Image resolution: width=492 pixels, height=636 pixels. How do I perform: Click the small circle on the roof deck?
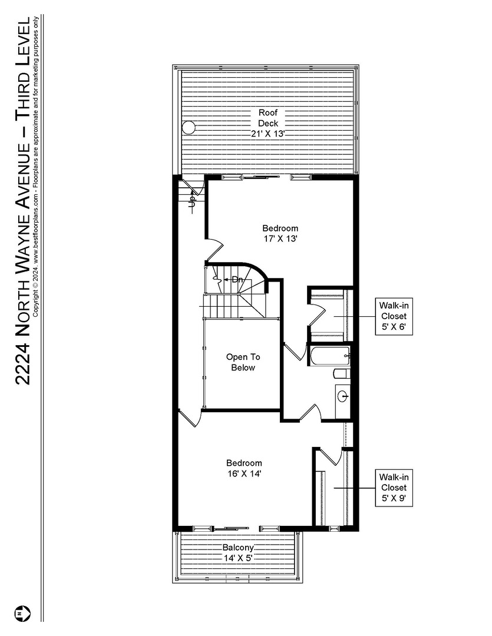click(x=188, y=128)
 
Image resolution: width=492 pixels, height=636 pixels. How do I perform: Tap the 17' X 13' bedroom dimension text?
click(x=280, y=239)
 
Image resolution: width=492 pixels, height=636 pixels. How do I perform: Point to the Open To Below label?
click(x=243, y=362)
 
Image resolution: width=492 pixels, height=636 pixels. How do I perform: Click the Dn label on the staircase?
click(x=237, y=279)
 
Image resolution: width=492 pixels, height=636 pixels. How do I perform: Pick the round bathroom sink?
click(x=344, y=396)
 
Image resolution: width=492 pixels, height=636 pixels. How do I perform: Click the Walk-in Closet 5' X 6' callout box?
click(x=393, y=316)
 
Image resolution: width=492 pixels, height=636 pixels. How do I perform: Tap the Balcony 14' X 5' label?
click(x=237, y=552)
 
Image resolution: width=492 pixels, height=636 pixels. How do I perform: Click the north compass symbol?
click(x=22, y=613)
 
